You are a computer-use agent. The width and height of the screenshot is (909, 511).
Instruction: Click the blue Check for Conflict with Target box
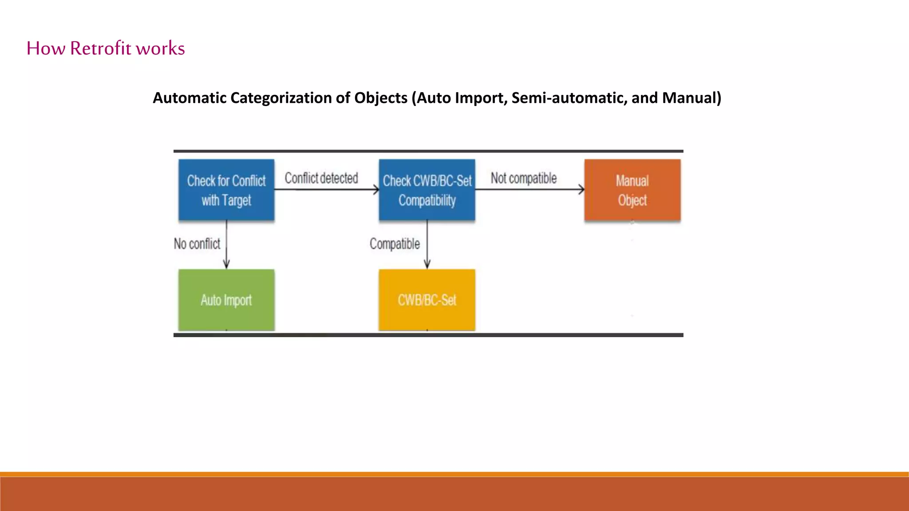(226, 190)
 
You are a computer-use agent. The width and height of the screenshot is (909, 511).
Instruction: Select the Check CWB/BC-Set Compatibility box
(427, 190)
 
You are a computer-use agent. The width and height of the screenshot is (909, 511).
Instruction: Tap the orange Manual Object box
(632, 190)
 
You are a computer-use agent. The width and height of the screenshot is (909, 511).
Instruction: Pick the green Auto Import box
(226, 300)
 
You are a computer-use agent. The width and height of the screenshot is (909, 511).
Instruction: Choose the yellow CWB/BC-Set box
(427, 300)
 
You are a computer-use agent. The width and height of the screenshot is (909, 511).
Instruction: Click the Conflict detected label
(321, 178)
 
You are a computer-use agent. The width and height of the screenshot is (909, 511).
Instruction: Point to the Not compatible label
(523, 178)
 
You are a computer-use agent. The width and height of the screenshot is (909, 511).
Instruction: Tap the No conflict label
(197, 244)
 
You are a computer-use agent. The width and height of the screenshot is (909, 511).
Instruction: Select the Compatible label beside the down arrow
(395, 244)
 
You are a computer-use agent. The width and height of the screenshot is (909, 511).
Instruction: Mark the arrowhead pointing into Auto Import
(226, 265)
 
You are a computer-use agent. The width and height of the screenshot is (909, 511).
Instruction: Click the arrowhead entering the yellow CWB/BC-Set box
(427, 265)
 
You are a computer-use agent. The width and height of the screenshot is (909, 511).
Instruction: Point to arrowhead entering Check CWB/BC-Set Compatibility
(376, 190)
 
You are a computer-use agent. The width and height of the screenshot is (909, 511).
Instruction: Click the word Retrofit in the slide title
(100, 48)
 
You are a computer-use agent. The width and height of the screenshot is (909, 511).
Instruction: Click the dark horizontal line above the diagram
(428, 151)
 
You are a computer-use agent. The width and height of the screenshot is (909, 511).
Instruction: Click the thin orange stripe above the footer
(454, 474)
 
